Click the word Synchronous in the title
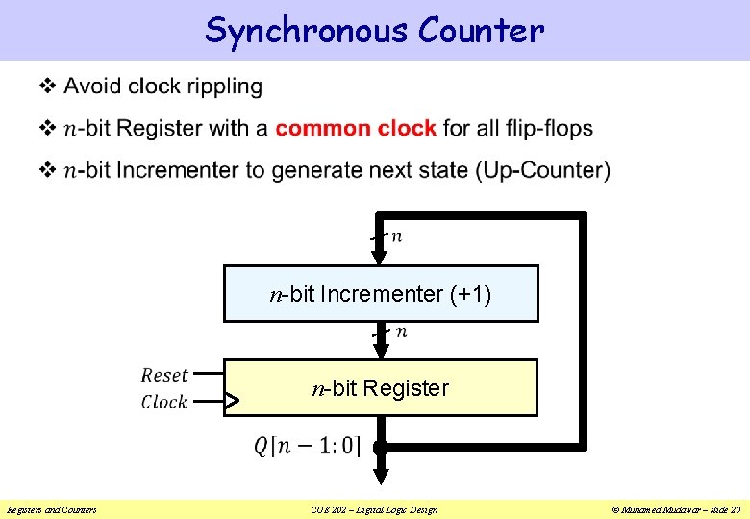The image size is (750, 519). pos(307,31)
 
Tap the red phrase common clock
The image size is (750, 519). pos(356,128)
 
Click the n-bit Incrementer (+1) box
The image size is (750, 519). pos(381,293)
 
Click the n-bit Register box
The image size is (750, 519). pos(381,388)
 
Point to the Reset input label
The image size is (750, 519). pos(164,375)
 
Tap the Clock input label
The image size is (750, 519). pos(164,402)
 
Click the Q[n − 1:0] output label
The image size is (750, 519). pos(307,446)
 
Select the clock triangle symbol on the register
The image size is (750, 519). pos(232,402)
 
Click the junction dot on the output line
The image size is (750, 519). pos(381,447)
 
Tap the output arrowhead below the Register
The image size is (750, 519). pos(381,474)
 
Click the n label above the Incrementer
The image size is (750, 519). pos(397,235)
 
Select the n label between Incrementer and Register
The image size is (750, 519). pos(401,332)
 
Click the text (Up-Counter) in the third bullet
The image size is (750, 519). pos(542,170)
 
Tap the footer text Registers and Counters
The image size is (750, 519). pos(52,509)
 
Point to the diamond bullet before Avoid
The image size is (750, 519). pos(46,86)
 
